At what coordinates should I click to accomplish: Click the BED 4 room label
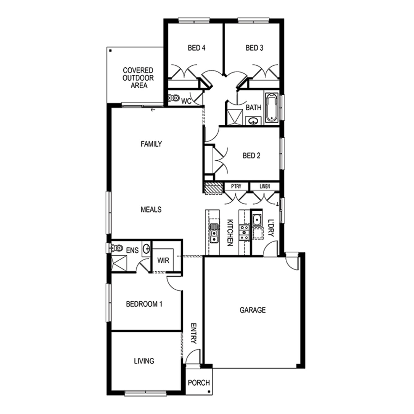pyautogui.click(x=197, y=48)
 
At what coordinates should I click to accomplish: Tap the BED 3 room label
pyautogui.click(x=254, y=48)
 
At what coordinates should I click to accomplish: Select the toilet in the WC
pyautogui.click(x=174, y=98)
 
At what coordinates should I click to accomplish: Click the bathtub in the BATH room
pyautogui.click(x=272, y=108)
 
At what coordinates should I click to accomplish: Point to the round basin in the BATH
pyautogui.click(x=253, y=121)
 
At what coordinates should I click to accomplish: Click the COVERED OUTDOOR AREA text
pyautogui.click(x=138, y=78)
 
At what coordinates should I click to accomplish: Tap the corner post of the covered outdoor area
pyautogui.click(x=110, y=51)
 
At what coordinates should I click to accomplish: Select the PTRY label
pyautogui.click(x=236, y=186)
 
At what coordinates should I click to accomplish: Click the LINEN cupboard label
pyautogui.click(x=265, y=186)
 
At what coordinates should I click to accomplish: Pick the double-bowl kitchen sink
pyautogui.click(x=214, y=233)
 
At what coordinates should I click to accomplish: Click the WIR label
pyautogui.click(x=163, y=260)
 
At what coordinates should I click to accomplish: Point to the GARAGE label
pyautogui.click(x=253, y=310)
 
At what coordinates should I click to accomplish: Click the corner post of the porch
pyautogui.click(x=209, y=392)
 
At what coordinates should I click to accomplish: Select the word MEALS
pyautogui.click(x=151, y=210)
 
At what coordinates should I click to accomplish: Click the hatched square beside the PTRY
pyautogui.click(x=213, y=188)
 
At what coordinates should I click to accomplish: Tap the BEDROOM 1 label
pyautogui.click(x=144, y=304)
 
